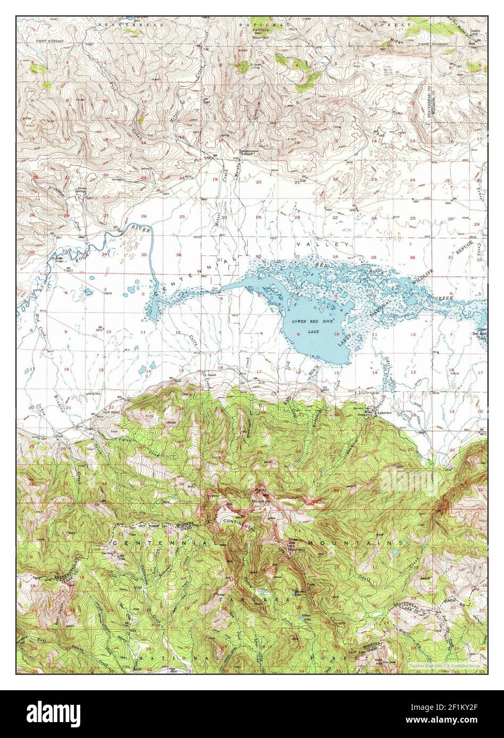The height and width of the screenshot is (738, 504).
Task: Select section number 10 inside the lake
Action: point(336,333)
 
